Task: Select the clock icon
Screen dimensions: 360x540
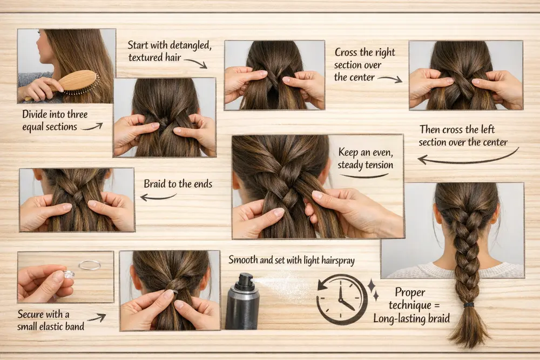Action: coord(341,300)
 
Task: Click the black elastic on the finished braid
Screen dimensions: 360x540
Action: coord(468,305)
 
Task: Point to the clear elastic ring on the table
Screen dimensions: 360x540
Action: coord(90,265)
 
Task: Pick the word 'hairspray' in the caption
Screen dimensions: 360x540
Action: coord(336,261)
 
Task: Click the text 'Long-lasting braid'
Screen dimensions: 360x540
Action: coord(411,318)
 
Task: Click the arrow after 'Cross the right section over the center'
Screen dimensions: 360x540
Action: coord(389,79)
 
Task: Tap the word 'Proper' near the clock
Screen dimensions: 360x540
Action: coord(410,293)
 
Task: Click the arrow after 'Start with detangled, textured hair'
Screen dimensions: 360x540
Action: coord(195,63)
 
